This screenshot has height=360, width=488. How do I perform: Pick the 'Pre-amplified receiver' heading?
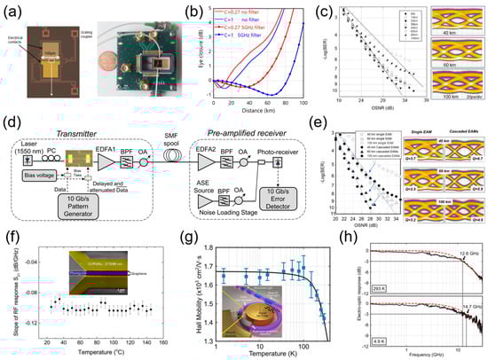click(264, 131)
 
